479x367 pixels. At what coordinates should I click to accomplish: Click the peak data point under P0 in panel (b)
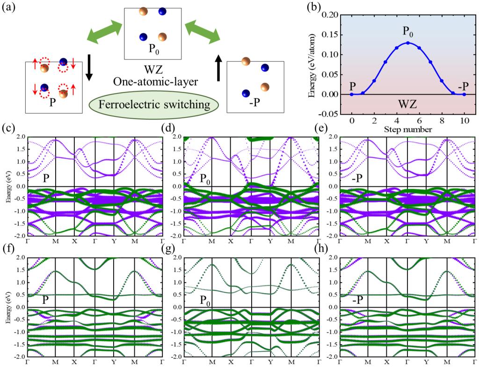(x=408, y=43)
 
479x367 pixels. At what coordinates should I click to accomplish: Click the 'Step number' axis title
(x=408, y=130)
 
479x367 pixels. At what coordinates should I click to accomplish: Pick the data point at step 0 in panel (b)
(x=352, y=94)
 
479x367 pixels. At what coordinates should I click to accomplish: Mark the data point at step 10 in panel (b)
(x=464, y=94)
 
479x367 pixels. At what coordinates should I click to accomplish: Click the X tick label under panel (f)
(x=74, y=363)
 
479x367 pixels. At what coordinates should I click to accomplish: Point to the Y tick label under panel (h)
(x=427, y=363)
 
